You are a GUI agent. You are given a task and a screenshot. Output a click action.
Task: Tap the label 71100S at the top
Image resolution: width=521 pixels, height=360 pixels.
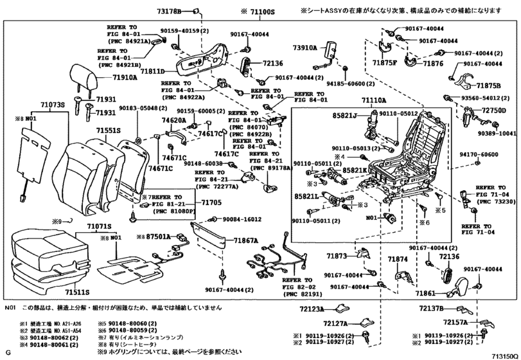point(260,11)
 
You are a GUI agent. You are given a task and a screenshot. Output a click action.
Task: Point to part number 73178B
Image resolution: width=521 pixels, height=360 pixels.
point(169,11)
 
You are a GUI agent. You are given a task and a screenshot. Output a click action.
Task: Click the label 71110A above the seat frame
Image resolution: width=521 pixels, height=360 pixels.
point(373,101)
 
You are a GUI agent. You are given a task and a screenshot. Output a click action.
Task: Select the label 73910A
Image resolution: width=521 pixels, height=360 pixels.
point(307,47)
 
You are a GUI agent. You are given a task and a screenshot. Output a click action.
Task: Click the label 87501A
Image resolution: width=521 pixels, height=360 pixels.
point(157,237)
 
